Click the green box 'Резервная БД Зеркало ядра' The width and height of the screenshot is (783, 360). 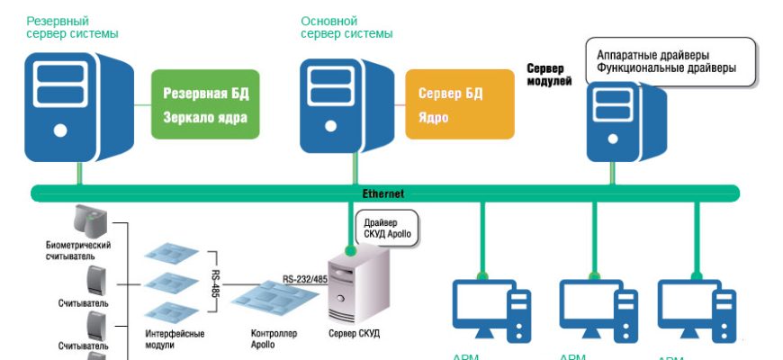point(205,104)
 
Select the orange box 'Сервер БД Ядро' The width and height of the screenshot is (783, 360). point(461,104)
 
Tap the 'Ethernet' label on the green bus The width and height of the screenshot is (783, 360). point(383,193)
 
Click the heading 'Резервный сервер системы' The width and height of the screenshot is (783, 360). point(73,27)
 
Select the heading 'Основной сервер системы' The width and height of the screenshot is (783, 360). point(346,27)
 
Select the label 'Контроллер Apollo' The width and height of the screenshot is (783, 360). point(274,338)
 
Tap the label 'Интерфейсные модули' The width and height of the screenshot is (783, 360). point(175,338)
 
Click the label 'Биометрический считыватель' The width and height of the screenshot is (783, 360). point(78,249)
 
